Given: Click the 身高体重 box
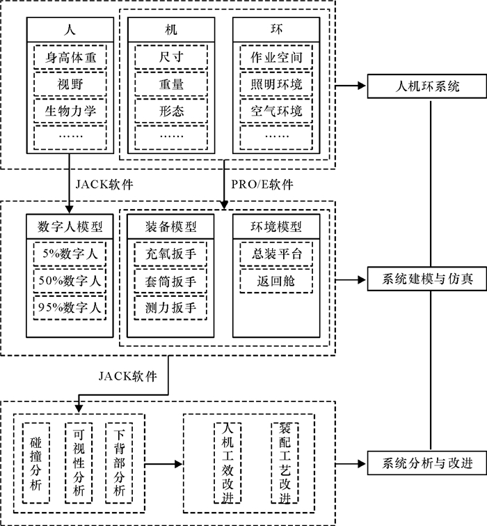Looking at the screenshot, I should pyautogui.click(x=70, y=57).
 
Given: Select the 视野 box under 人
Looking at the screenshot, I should pyautogui.click(x=70, y=84).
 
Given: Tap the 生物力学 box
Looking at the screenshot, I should pyautogui.click(x=70, y=110).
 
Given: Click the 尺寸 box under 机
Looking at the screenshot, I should pyautogui.click(x=171, y=57).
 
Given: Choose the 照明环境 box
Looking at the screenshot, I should pyautogui.click(x=276, y=84).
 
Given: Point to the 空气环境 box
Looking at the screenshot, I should pyautogui.click(x=276, y=110).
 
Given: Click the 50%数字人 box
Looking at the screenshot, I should pyautogui.click(x=70, y=281).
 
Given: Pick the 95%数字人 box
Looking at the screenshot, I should pyautogui.click(x=70, y=307).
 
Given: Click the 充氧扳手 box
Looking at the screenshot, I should pyautogui.click(x=171, y=254).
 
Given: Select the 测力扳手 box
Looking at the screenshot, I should pyautogui.click(x=171, y=307).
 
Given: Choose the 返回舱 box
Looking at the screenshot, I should pyautogui.click(x=276, y=281).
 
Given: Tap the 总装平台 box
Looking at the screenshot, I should pyautogui.click(x=276, y=254).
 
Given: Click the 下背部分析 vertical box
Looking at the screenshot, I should pyautogui.click(x=120, y=462).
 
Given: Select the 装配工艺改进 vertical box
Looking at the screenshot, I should pyautogui.click(x=285, y=462).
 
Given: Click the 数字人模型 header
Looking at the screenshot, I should pyautogui.click(x=70, y=226).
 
